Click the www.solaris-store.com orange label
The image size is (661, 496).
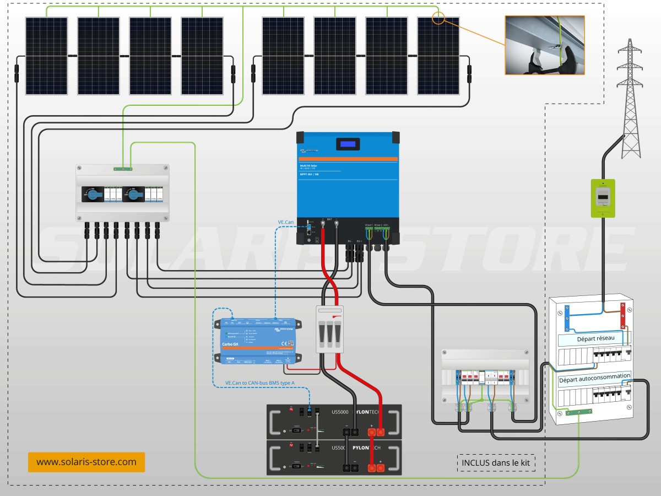point(86,462)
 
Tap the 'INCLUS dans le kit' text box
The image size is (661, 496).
point(496,463)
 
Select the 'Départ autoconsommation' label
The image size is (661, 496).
point(594,379)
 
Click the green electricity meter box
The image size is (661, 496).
point(603,197)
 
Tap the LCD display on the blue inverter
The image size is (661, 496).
point(348,144)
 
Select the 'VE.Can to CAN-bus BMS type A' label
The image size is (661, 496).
point(259,382)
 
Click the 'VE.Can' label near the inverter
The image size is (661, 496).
point(286,222)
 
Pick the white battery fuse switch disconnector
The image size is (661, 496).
point(329,329)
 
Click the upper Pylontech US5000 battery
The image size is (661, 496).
point(334,422)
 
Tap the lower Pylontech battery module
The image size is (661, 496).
point(334,457)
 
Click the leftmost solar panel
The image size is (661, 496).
point(46,56)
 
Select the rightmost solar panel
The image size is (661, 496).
point(438,56)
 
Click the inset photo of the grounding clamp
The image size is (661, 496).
point(545,45)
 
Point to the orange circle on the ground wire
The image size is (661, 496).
point(438,18)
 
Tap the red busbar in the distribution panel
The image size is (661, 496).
point(624,315)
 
